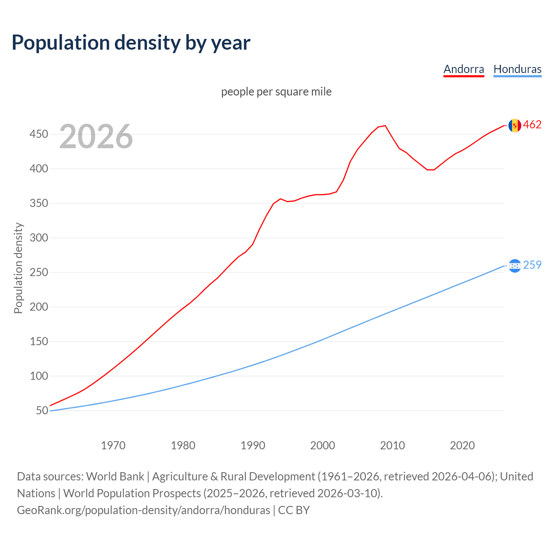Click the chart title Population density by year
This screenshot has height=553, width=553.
131,42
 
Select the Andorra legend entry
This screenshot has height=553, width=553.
464,69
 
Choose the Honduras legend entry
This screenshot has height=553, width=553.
517,69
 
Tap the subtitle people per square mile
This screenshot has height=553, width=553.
276,92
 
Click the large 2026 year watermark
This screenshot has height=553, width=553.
96,137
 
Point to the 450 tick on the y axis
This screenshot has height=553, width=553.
38,134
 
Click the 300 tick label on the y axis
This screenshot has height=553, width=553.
38,238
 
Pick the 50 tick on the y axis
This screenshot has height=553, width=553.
42,411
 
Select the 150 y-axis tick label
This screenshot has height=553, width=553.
38,342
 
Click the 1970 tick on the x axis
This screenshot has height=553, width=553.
113,445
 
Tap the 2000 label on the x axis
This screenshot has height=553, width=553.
322,445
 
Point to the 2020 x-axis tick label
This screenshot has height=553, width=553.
462,445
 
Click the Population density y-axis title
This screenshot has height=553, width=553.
18,268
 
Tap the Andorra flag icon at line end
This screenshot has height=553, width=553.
515,125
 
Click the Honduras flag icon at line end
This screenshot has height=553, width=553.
515,266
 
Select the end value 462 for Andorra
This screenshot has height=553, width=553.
532,125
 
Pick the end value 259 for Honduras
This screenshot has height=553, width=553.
532,265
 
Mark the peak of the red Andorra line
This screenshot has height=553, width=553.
385,126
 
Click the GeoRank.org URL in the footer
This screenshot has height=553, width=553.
143,510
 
